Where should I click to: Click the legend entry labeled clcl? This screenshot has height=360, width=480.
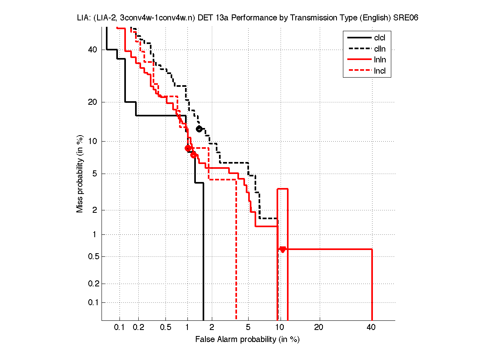380,38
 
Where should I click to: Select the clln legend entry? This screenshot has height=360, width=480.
380,49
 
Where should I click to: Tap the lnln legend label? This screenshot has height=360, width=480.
380,60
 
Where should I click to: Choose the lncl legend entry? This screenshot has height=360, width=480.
380,72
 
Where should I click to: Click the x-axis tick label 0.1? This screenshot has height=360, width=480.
120,328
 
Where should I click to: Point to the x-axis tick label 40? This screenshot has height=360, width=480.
371,328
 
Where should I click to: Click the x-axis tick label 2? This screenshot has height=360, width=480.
212,328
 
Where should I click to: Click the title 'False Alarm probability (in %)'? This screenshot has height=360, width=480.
247,340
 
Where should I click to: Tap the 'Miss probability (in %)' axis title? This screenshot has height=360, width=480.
80,174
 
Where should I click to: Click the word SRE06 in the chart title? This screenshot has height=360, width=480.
406,18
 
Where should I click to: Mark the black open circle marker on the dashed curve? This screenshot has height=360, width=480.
199,129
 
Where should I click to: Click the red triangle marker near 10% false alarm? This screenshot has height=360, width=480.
283,250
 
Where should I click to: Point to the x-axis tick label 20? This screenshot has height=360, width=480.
319,328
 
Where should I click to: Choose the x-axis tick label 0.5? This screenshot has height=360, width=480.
165,328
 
